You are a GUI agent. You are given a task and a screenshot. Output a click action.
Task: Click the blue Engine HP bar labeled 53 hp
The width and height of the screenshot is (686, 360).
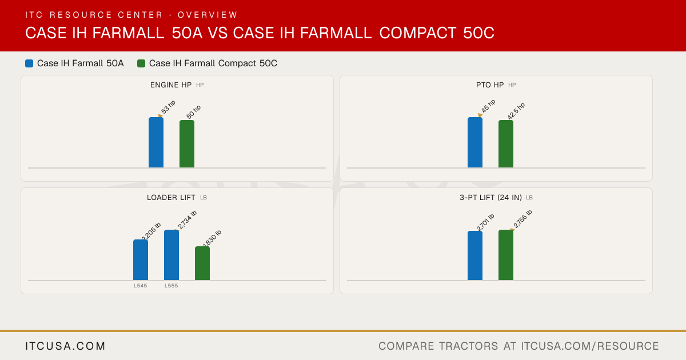(x=156, y=142)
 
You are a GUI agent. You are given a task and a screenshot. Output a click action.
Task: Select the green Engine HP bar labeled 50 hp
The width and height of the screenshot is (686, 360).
(x=187, y=144)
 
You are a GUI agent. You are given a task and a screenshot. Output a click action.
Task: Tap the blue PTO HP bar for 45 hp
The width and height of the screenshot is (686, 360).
(x=475, y=142)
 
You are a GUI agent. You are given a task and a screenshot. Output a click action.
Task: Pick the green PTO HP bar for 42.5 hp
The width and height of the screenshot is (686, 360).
(x=506, y=144)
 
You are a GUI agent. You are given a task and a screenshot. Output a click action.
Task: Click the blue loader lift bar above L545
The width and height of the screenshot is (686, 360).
(x=141, y=260)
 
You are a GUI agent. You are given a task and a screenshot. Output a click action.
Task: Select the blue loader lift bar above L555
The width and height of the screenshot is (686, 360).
(x=171, y=255)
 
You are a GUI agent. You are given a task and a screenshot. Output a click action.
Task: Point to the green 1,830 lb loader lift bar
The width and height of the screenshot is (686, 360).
(x=202, y=263)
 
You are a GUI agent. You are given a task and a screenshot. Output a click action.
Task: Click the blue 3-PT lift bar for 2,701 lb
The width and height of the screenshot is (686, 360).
(x=475, y=255)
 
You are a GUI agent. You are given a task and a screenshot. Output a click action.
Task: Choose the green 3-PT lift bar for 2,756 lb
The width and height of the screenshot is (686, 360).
(x=506, y=255)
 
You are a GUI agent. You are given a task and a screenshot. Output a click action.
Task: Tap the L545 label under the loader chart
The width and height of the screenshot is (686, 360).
(x=141, y=286)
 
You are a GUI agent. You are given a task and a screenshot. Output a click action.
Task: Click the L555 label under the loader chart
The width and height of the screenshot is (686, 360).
(x=171, y=286)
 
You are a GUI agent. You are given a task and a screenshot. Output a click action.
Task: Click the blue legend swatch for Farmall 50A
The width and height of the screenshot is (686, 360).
(x=29, y=63)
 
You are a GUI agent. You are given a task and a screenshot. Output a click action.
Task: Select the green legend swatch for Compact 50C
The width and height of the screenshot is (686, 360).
(x=141, y=63)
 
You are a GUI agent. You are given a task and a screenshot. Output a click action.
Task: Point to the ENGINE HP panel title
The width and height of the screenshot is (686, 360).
(x=171, y=85)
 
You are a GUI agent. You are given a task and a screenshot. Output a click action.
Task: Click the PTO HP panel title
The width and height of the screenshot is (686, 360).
(x=490, y=85)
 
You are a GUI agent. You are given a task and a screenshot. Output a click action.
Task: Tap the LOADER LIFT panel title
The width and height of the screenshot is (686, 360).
(x=171, y=198)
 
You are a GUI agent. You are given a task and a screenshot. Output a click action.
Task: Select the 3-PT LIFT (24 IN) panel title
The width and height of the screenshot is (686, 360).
(x=490, y=198)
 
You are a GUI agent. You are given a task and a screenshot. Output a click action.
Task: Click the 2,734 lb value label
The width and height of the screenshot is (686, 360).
(x=187, y=220)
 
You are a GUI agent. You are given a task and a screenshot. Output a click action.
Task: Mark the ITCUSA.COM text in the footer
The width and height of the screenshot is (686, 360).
(x=65, y=346)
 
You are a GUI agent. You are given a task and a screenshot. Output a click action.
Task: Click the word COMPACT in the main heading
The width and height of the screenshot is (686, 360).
(x=418, y=33)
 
